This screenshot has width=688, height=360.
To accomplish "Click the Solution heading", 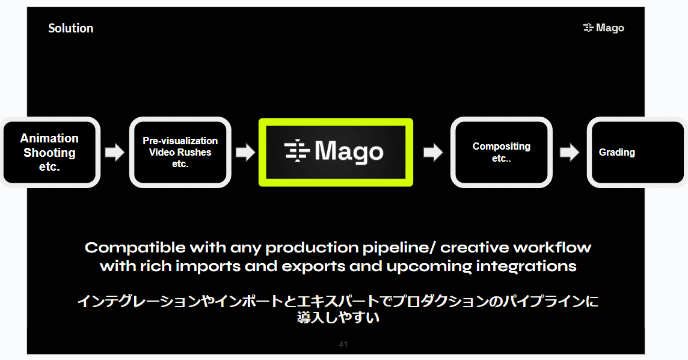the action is pyautogui.click(x=70, y=28).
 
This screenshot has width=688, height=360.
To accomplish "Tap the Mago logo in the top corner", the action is pyautogui.click(x=603, y=28).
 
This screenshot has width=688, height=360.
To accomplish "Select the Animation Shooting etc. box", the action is pyautogui.click(x=49, y=152).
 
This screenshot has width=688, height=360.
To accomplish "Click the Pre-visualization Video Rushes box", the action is pyautogui.click(x=180, y=152).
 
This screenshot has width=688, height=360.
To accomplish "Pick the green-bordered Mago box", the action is pyautogui.click(x=336, y=152).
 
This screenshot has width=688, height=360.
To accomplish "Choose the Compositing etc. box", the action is pyautogui.click(x=502, y=152).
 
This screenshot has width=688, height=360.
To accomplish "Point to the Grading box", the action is pyautogui.click(x=637, y=152).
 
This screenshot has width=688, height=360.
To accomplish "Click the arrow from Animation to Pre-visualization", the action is pyautogui.click(x=114, y=153).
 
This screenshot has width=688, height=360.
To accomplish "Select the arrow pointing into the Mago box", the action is pyautogui.click(x=245, y=153).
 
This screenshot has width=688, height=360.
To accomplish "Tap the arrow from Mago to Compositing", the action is pyautogui.click(x=432, y=153).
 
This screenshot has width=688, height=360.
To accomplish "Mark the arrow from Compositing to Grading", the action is pyautogui.click(x=570, y=153).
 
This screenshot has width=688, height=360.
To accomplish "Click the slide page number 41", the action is pyautogui.click(x=343, y=344).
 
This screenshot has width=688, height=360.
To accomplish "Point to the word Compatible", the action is pyautogui.click(x=135, y=247).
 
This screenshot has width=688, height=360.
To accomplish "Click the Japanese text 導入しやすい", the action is pyautogui.click(x=338, y=317).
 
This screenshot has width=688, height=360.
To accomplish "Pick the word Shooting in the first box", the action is pyautogui.click(x=49, y=153).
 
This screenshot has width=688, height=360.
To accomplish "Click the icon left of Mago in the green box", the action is pyautogui.click(x=297, y=151).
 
